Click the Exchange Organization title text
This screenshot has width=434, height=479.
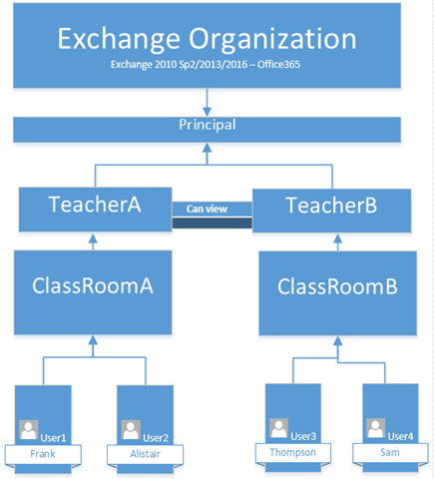[207, 39]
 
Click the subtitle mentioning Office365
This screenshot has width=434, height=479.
[206, 64]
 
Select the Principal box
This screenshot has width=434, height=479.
[207, 130]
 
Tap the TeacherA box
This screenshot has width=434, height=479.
[95, 210]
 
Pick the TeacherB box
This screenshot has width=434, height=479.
[332, 211]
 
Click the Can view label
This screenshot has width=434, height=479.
[207, 209]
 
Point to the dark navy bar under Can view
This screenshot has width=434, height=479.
[213, 223]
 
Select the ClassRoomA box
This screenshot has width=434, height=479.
[93, 292]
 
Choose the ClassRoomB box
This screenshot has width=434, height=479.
[338, 293]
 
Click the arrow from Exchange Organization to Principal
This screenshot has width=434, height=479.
[207, 103]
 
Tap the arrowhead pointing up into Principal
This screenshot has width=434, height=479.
[207, 149]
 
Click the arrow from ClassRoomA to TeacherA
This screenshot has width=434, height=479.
[93, 241]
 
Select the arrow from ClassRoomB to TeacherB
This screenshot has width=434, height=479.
[338, 242]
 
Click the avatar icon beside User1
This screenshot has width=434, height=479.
[29, 429]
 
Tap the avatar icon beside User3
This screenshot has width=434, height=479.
[279, 428]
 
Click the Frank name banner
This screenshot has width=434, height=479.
[43, 454]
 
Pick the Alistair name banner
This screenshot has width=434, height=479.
[145, 454]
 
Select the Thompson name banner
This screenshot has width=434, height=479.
[293, 453]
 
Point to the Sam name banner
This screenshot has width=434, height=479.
[390, 453]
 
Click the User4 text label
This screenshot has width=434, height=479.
[400, 436]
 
